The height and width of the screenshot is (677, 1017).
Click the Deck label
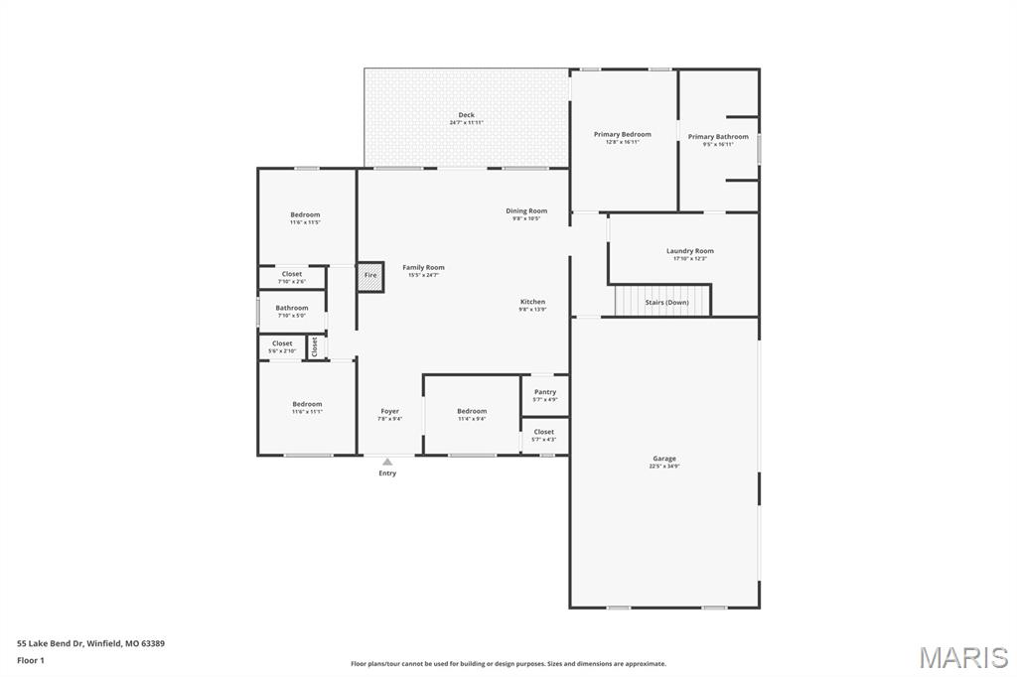click(x=466, y=115)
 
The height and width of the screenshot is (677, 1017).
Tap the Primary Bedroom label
click(x=622, y=135)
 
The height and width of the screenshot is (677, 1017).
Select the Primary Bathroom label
click(x=718, y=137)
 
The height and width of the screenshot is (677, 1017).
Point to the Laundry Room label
click(x=689, y=251)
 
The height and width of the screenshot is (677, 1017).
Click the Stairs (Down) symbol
click(x=662, y=301)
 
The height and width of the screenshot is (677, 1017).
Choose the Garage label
click(x=664, y=459)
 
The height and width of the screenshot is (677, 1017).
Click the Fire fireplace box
click(x=370, y=276)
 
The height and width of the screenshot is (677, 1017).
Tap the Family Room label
click(x=423, y=267)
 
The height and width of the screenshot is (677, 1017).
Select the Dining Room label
click(x=526, y=210)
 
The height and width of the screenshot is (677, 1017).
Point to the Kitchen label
click(x=532, y=302)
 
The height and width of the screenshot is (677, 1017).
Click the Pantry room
click(x=545, y=395)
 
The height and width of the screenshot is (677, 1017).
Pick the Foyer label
click(x=390, y=411)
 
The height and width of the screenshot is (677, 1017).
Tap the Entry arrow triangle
click(x=387, y=461)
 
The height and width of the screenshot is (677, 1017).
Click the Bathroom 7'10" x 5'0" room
click(x=292, y=311)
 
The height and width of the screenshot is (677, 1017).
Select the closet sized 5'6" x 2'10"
click(x=282, y=346)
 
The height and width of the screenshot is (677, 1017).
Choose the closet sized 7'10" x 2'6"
click(x=292, y=277)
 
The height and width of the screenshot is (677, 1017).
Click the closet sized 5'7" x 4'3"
click(x=544, y=435)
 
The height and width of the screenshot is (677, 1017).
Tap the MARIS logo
click(x=963, y=657)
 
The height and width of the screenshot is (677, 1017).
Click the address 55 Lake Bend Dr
click(x=90, y=643)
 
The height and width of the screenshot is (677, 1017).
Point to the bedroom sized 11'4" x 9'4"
click(x=472, y=414)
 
